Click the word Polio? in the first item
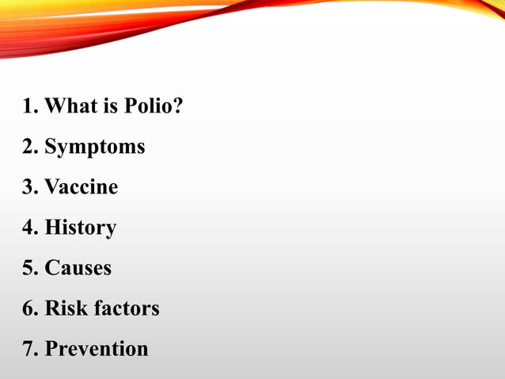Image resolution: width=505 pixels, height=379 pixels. click(154, 106)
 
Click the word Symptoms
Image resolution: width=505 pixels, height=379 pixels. click(94, 147)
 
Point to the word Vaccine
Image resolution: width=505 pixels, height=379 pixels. click(81, 187)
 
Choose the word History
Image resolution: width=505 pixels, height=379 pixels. click(80, 228)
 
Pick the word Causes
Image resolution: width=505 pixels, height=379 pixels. click(78, 268)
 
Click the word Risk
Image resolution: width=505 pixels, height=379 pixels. click(66, 308)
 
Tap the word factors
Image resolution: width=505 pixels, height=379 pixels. click(127, 308)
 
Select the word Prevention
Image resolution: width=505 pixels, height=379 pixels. click(96, 349)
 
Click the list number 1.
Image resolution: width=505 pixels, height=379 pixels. click(28, 106)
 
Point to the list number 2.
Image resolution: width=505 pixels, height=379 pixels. click(28, 147)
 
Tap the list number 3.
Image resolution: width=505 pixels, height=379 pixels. click(28, 187)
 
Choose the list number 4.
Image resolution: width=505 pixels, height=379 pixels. click(28, 228)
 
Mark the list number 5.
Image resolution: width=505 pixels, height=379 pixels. click(28, 268)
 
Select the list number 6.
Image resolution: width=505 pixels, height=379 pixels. click(28, 308)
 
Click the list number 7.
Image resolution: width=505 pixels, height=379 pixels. click(28, 349)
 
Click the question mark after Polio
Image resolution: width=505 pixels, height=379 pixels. click(177, 106)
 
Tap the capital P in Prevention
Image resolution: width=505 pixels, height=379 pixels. click(51, 349)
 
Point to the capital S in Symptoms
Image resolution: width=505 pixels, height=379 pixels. click(51, 147)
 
